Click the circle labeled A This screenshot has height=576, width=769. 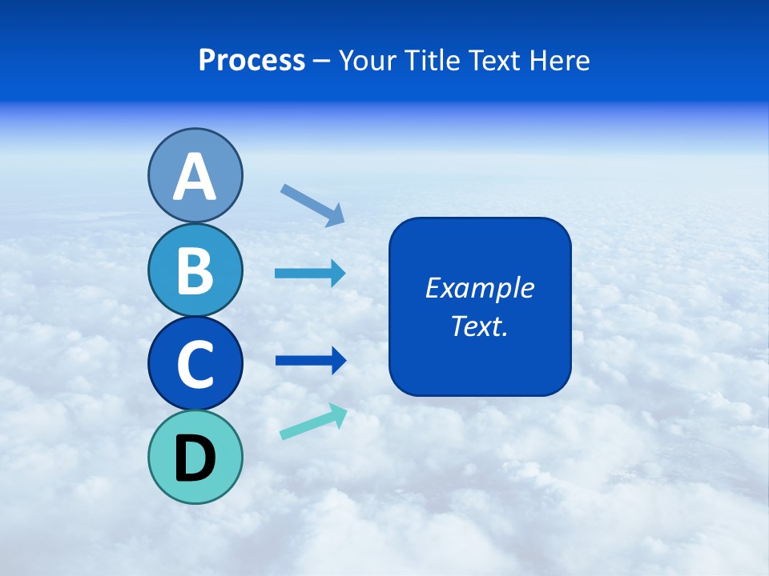[x=195, y=175]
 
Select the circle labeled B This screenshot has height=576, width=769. [x=195, y=270]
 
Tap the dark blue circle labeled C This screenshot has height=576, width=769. [x=195, y=363]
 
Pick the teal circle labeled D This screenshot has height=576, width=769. [x=195, y=457]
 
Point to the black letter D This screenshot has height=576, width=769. [x=195, y=458]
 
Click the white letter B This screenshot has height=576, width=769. [x=195, y=270]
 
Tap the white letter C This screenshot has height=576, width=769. [x=195, y=365]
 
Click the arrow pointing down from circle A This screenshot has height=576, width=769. [x=312, y=205]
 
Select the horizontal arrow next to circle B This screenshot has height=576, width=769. [x=310, y=274]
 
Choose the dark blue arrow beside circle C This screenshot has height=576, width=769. [x=310, y=361]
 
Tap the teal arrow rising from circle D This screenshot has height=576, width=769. [x=313, y=422]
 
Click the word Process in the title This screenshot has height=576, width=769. [x=252, y=60]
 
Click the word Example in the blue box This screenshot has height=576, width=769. [x=480, y=288]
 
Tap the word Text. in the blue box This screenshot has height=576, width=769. [x=480, y=326]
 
